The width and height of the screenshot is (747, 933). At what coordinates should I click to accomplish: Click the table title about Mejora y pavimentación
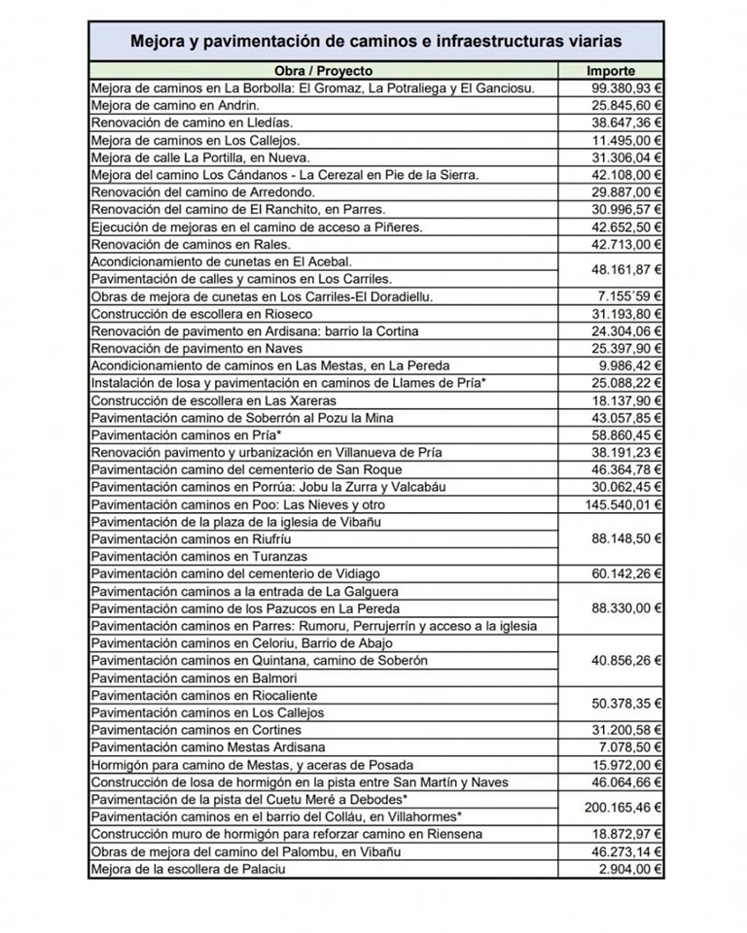click(376, 42)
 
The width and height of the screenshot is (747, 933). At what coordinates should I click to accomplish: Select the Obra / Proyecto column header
click(323, 71)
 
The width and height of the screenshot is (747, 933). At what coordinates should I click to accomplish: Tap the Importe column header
click(611, 71)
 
